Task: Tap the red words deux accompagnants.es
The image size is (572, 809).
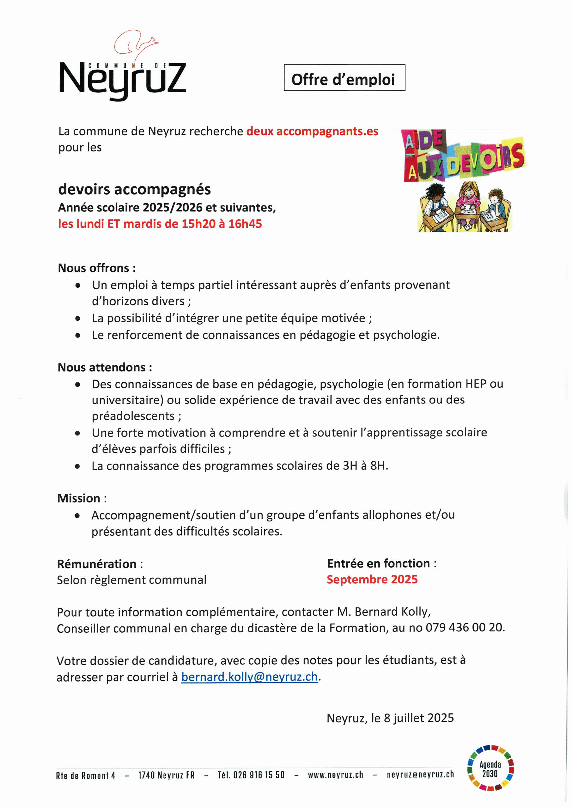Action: [x=312, y=131]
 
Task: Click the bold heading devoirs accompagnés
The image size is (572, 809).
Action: [x=134, y=189]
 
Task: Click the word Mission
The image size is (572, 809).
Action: [x=79, y=498]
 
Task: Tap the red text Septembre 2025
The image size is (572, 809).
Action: [x=372, y=579]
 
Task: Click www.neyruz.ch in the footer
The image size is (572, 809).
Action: [x=335, y=775]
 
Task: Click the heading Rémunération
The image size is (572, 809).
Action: [x=97, y=564]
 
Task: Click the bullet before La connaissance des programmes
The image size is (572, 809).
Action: [x=77, y=466]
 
